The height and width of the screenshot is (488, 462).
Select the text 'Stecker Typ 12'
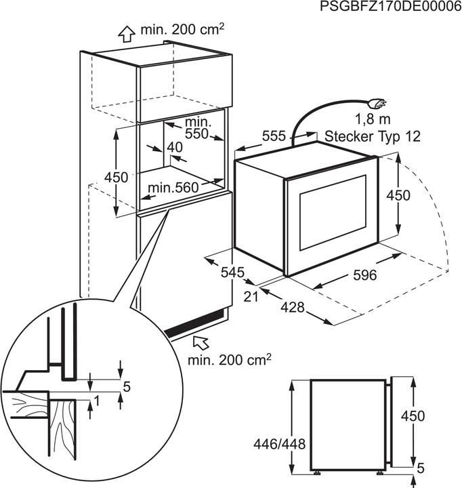[373, 136]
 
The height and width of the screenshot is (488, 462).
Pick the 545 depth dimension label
[232, 272]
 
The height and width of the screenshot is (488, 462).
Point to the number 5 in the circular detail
[126, 387]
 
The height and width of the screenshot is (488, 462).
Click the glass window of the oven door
[331, 210]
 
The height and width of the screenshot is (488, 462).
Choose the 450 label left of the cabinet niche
[116, 177]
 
